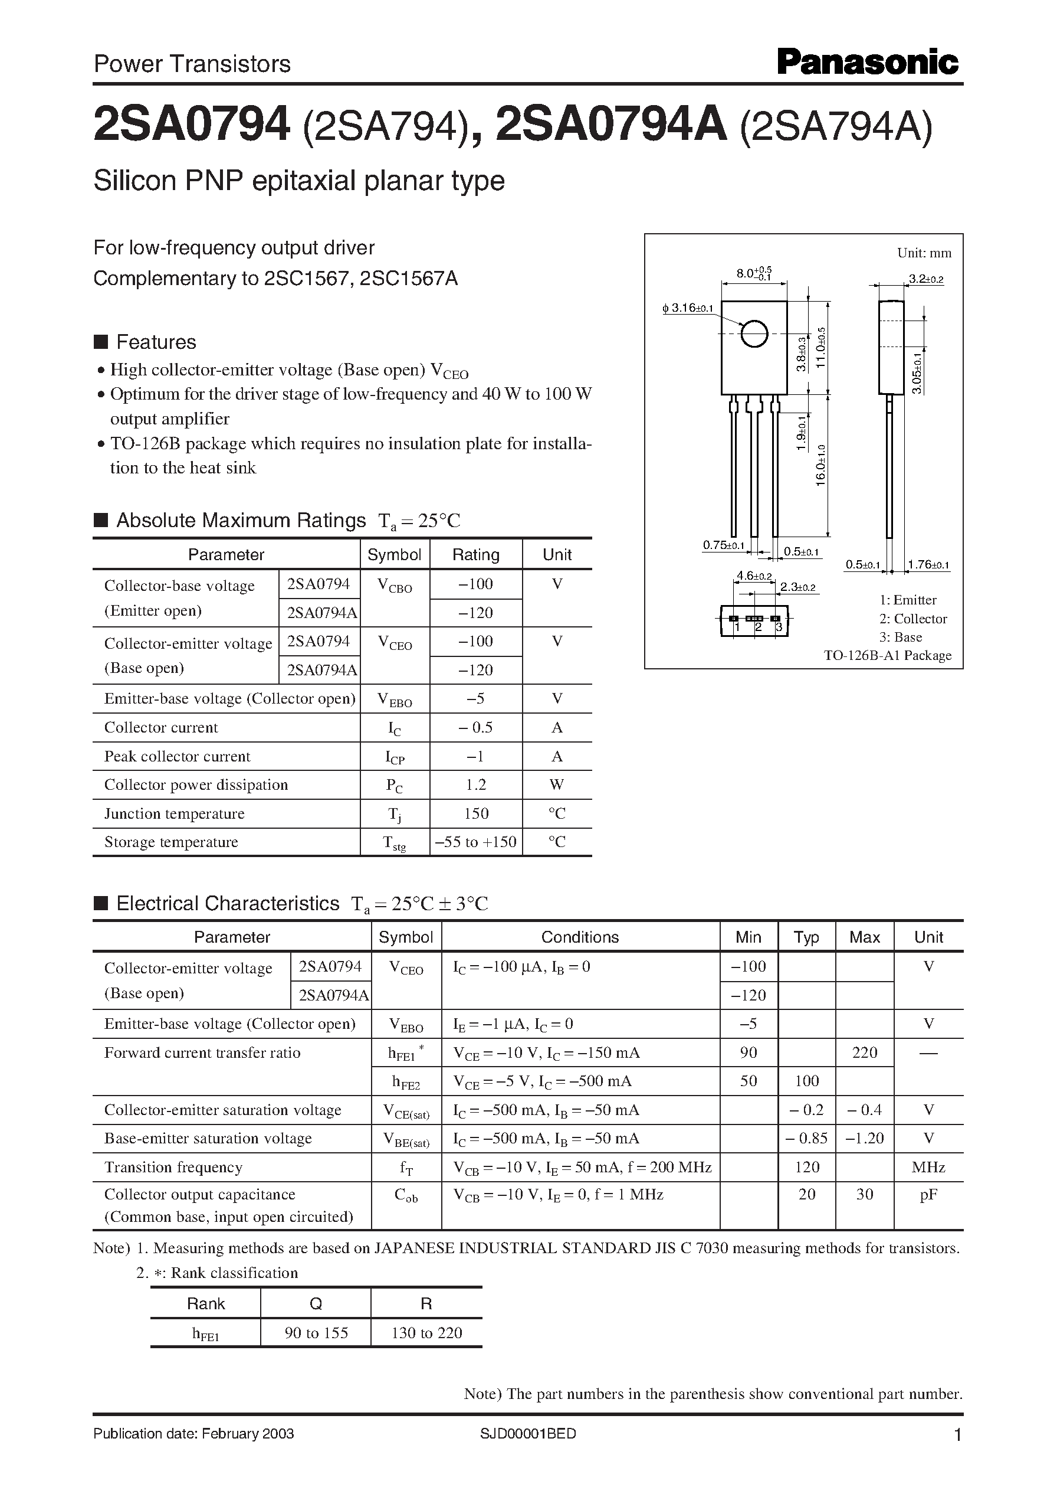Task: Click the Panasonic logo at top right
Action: [x=868, y=63]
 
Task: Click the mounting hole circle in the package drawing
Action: [x=754, y=334]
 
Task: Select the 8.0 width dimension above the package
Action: [x=754, y=273]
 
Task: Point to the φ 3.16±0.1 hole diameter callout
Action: [x=688, y=308]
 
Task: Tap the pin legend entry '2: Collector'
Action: [x=912, y=619]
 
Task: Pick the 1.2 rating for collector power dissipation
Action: [x=476, y=784]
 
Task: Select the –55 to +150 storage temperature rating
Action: [x=476, y=842]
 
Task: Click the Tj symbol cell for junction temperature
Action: [x=395, y=814]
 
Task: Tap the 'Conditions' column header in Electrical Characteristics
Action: [x=580, y=937]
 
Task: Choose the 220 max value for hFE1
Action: [x=864, y=1053]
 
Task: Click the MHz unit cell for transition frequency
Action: [x=928, y=1168]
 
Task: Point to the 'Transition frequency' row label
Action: [x=173, y=1168]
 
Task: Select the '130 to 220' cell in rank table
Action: [x=426, y=1333]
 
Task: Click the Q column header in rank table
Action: [x=316, y=1304]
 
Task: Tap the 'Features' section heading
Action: [x=156, y=342]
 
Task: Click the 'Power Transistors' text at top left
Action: [x=192, y=64]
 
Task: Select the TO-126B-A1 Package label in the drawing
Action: [x=887, y=655]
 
